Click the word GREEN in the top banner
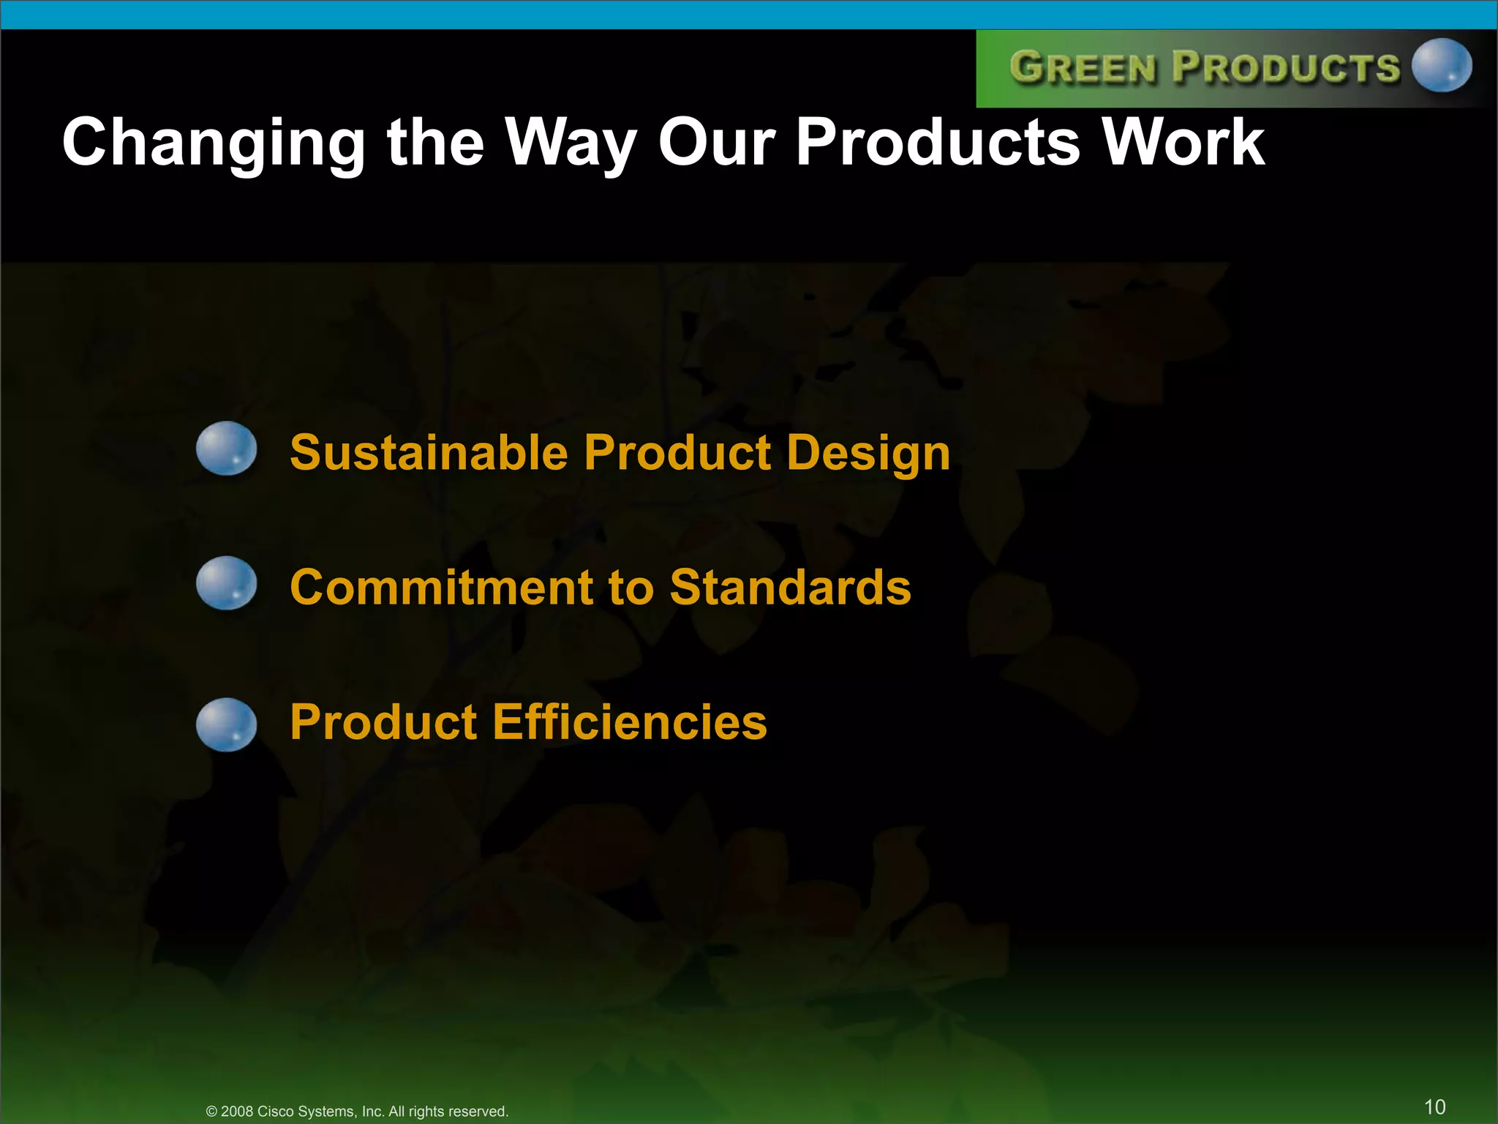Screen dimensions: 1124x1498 tap(1083, 68)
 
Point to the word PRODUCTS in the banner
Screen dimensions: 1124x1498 tap(1286, 67)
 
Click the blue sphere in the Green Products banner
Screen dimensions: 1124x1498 tap(1441, 66)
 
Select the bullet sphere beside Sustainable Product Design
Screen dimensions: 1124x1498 tap(227, 449)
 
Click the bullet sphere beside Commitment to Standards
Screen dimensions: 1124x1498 tap(227, 583)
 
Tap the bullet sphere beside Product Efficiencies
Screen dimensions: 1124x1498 tap(227, 724)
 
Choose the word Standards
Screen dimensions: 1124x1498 tap(790, 588)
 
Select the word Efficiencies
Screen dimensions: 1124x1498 tap(630, 722)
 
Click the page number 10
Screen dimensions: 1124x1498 tap(1434, 1106)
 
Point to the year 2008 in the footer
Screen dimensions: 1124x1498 tap(237, 1112)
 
